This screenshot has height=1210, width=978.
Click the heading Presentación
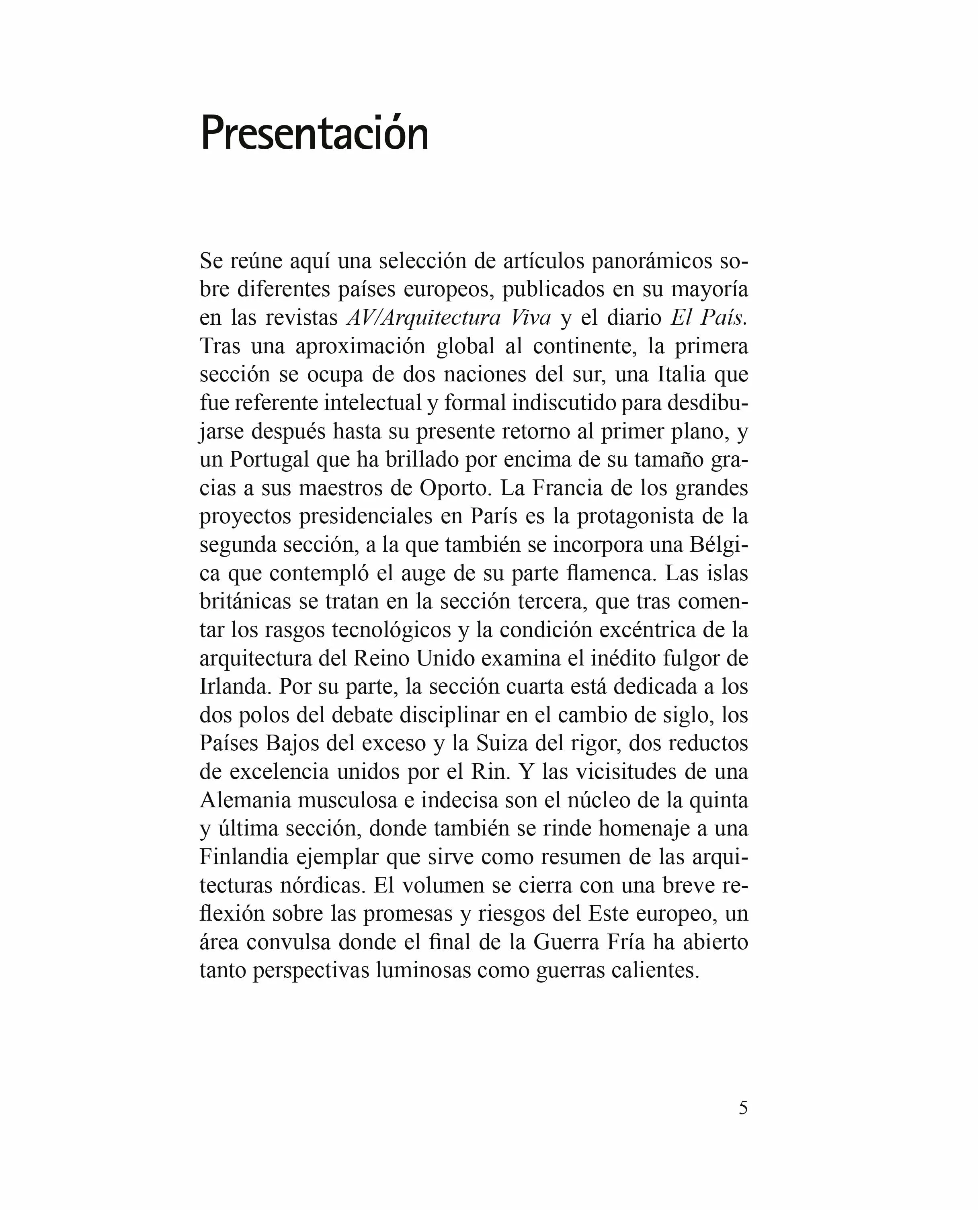[x=314, y=133]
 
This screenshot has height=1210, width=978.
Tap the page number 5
[x=743, y=1108]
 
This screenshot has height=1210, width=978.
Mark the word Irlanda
[x=235, y=686]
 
